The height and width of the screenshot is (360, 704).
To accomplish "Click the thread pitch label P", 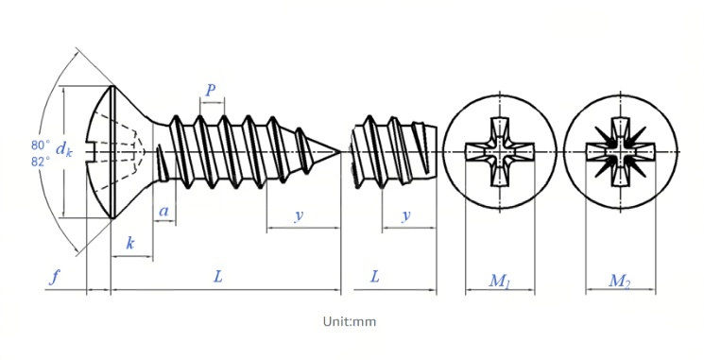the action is tap(210, 90).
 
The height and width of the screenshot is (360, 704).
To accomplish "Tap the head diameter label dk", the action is tap(63, 149).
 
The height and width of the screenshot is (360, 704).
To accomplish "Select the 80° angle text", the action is tap(41, 145).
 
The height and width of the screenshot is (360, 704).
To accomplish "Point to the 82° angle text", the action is tap(41, 162).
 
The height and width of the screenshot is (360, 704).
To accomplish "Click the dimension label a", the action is tap(164, 211).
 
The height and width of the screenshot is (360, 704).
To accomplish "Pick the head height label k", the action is tap(129, 243).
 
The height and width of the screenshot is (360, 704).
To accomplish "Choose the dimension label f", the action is tap(54, 277).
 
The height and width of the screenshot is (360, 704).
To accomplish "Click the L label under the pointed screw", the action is tap(217, 276).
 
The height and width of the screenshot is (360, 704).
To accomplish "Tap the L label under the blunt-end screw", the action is tap(375, 276).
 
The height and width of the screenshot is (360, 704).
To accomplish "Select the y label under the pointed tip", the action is tap(299, 216).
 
